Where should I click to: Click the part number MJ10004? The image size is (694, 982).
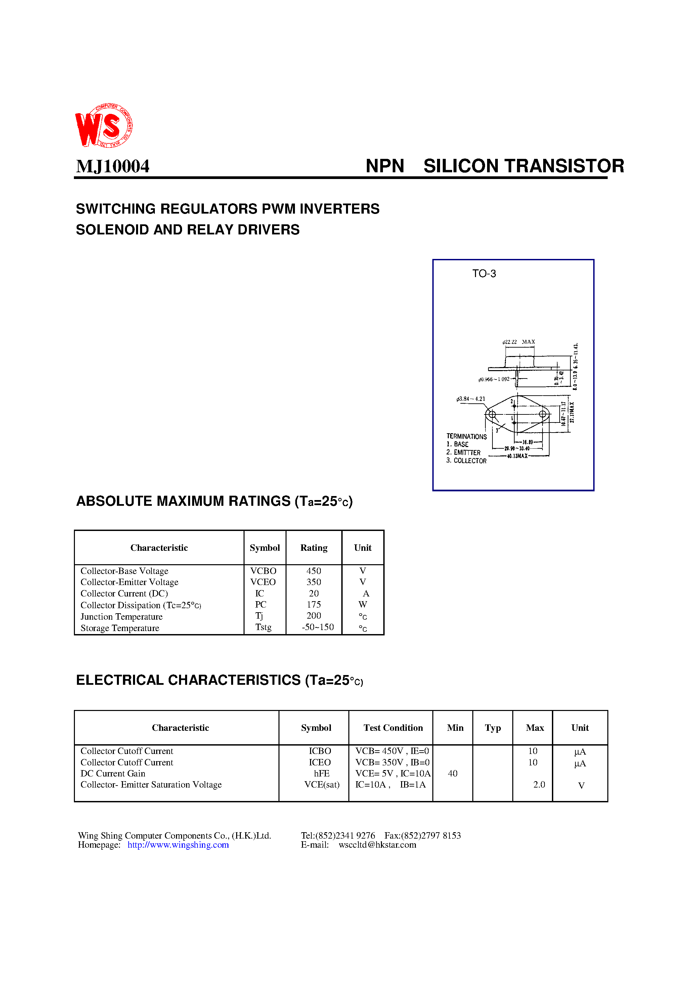[x=113, y=166]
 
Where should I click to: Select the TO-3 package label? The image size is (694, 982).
[x=484, y=274]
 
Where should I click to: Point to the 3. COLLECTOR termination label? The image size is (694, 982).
[x=466, y=461]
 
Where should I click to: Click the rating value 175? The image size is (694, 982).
[x=314, y=604]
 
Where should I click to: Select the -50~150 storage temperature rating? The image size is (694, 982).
[x=317, y=627]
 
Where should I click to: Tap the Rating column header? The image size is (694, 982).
[x=314, y=548]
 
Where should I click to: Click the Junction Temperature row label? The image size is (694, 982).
[x=122, y=617]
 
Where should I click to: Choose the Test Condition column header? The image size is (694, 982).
[x=393, y=728]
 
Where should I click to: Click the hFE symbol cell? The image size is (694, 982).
[x=321, y=774]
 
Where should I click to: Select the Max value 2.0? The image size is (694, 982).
[x=539, y=785]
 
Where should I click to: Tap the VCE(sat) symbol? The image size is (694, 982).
[x=322, y=785]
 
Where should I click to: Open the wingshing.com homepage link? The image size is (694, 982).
[x=178, y=845]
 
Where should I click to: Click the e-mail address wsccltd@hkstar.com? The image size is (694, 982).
[x=377, y=845]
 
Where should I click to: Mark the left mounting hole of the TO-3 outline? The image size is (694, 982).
[x=492, y=414]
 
